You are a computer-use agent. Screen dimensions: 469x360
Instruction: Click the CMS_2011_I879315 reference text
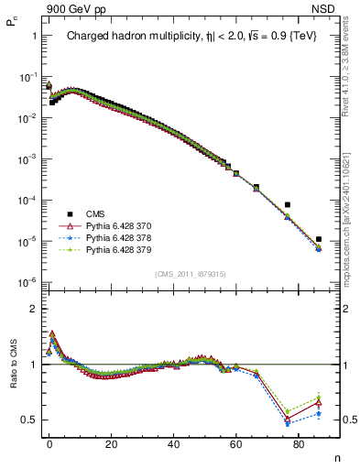click(187, 274)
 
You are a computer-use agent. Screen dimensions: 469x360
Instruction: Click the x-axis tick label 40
click(174, 443)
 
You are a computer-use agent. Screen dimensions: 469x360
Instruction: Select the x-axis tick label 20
click(112, 443)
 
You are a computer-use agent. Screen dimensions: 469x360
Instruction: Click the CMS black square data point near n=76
click(288, 204)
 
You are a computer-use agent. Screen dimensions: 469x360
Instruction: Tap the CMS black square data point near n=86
click(318, 239)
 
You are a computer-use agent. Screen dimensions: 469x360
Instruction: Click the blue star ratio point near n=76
click(288, 424)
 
